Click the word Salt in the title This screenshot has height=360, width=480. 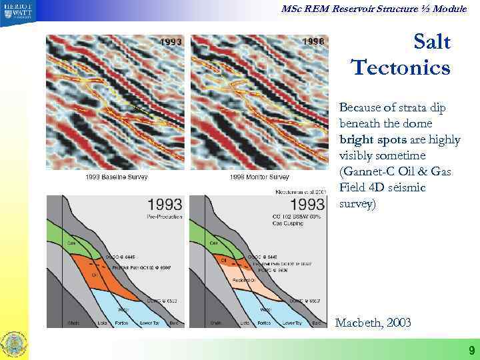click(x=432, y=43)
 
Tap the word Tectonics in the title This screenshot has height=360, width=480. click(x=401, y=67)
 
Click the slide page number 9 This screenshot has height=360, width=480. click(x=471, y=350)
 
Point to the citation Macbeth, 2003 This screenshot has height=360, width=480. click(x=373, y=323)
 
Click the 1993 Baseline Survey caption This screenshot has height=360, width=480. click(x=116, y=177)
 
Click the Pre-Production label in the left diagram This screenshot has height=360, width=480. click(x=162, y=217)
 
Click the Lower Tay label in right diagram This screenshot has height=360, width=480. click(x=290, y=323)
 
